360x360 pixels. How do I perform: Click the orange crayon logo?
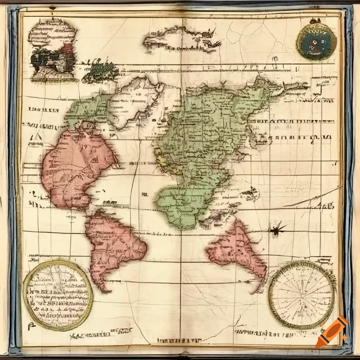pyautogui.click(x=332, y=331)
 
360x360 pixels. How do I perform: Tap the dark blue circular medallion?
pyautogui.click(x=316, y=41)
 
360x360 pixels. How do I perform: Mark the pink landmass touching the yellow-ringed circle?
pyautogui.click(x=112, y=243)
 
